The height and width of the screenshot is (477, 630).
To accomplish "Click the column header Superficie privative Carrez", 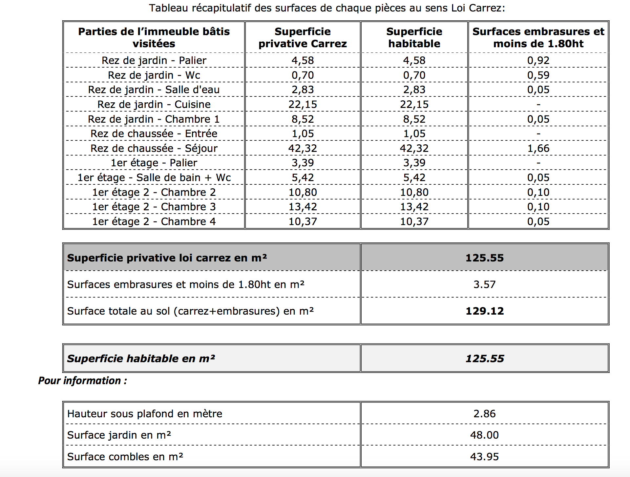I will (x=303, y=37).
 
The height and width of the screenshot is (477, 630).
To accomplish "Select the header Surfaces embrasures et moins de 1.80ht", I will (x=538, y=37).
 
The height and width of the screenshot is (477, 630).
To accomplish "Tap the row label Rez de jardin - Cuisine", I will (x=154, y=104).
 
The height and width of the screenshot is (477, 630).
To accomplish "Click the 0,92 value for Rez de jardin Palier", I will (x=538, y=60).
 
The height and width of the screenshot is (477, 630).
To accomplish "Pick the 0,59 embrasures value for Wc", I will (x=538, y=75).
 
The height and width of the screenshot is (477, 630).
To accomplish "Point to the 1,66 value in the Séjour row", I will (x=538, y=148).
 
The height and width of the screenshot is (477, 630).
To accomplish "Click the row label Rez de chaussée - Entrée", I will (x=154, y=134).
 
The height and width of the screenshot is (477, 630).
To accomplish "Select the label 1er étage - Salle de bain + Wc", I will (x=154, y=177).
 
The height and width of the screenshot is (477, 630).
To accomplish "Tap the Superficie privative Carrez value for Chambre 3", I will (x=303, y=207).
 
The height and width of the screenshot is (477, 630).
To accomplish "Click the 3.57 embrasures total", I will (x=484, y=284).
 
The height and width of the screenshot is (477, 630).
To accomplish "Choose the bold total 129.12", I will (x=484, y=311).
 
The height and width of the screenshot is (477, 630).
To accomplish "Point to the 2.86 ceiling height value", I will (x=484, y=414).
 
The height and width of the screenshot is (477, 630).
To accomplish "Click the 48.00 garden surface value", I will (x=484, y=435).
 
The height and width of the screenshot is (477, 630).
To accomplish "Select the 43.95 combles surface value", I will (x=484, y=457).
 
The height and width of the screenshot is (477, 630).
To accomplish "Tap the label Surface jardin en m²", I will (x=119, y=435).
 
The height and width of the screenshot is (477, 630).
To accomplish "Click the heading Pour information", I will (x=82, y=381).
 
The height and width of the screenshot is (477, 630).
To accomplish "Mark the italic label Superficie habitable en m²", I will (x=141, y=359).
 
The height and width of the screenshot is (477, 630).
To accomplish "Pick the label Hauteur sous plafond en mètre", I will (x=145, y=414).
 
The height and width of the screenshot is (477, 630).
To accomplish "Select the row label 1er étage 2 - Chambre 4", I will (x=154, y=221).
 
